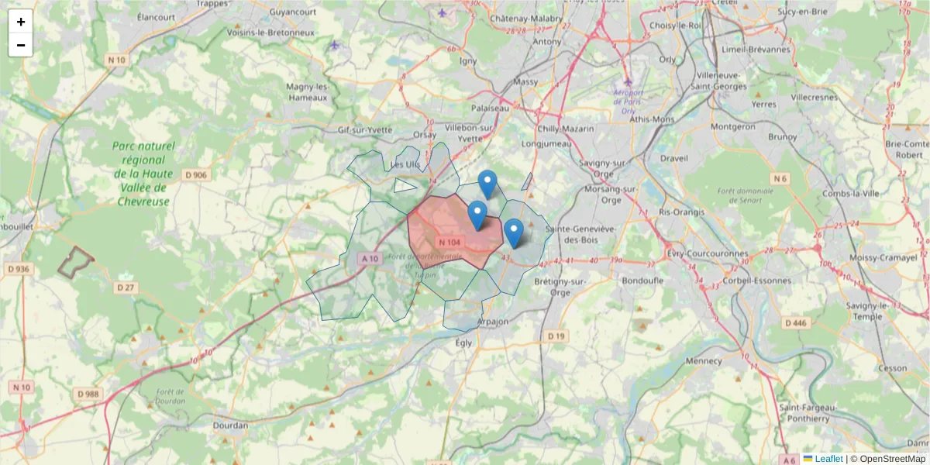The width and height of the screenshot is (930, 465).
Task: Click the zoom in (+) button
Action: click(x=21, y=22)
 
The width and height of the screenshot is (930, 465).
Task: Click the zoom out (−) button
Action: click(x=21, y=45)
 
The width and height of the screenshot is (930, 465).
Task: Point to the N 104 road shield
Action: click(x=449, y=243)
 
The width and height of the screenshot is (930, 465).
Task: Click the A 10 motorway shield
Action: click(x=370, y=259)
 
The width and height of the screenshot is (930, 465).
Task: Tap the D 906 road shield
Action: click(x=196, y=175)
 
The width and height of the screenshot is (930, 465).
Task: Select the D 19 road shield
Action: click(x=555, y=336)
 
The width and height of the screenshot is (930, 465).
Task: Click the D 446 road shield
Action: click(x=795, y=322)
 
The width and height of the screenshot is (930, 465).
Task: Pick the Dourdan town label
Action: click(x=230, y=425)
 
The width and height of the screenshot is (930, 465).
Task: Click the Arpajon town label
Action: click(x=493, y=322)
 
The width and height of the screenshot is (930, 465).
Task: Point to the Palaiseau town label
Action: click(x=490, y=108)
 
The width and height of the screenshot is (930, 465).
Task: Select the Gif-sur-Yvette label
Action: click(x=365, y=129)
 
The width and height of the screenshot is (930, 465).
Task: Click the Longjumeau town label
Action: click(x=546, y=143)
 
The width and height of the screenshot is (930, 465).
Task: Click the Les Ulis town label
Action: click(x=405, y=164)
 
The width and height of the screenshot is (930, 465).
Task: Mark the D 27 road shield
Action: click(x=125, y=288)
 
